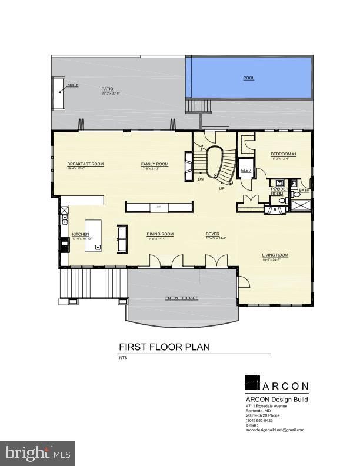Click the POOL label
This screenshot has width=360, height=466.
pyautogui.click(x=249, y=78)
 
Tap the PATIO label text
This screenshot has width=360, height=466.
pyautogui.click(x=106, y=88)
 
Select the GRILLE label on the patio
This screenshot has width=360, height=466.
pyautogui.click(x=72, y=85)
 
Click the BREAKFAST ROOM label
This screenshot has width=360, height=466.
pyautogui.click(x=85, y=164)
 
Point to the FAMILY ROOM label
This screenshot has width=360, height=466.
pyautogui.click(x=155, y=164)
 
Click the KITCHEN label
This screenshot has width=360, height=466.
pyautogui.click(x=81, y=234)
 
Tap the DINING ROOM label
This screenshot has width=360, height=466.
pyautogui.click(x=160, y=234)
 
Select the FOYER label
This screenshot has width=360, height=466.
pyautogui.click(x=212, y=234)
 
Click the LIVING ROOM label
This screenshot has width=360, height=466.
pyautogui.click(x=275, y=255)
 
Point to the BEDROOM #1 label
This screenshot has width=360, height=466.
pyautogui.click(x=283, y=154)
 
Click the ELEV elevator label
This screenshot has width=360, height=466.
pyautogui.click(x=246, y=170)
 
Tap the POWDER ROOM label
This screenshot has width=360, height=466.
pyautogui.click(x=276, y=191)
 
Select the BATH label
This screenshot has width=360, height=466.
pyautogui.click(x=304, y=190)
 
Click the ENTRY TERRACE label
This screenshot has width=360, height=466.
pyautogui.click(x=181, y=298)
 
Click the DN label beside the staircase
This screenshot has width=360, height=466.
pyautogui.click(x=201, y=179)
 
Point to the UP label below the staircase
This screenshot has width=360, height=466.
pyautogui.click(x=222, y=188)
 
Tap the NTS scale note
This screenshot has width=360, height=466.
pyautogui.click(x=123, y=358)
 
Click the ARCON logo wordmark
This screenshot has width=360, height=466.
pyautogui.click(x=285, y=386)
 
